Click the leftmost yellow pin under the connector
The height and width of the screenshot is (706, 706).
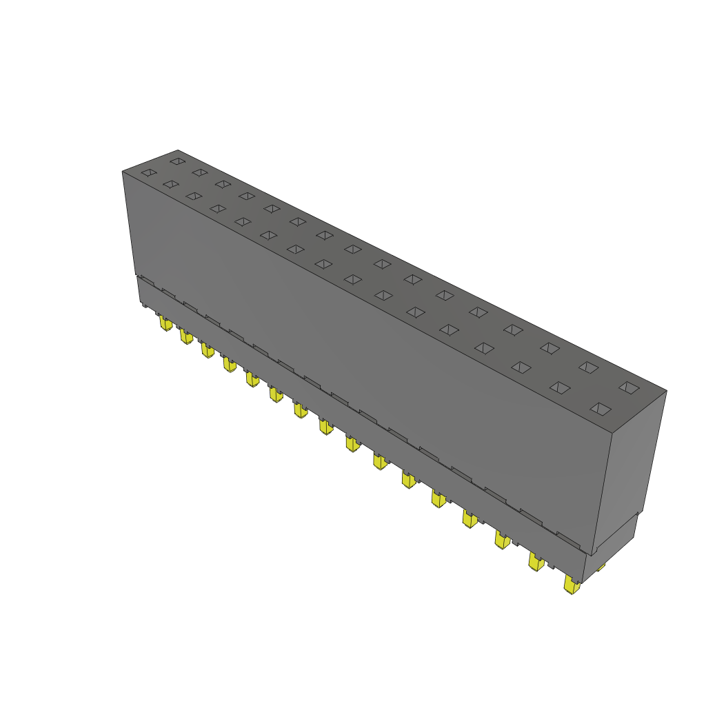click(165, 323)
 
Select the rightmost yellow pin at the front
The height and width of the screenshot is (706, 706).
click(571, 585)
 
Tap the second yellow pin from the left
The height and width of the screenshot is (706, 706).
click(185, 336)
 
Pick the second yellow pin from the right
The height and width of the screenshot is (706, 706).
click(536, 561)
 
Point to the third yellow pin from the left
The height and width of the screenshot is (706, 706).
click(207, 350)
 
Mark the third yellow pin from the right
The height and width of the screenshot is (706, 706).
click(501, 539)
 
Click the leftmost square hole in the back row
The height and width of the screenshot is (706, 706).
click(177, 161)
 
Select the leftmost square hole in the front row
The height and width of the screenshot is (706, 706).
click(148, 172)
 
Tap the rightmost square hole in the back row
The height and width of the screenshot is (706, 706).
click(629, 387)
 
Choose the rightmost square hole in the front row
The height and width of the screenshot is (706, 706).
click(601, 410)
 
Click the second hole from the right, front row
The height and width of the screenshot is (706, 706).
click(561, 387)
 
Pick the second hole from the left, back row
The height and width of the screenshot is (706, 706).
click(199, 172)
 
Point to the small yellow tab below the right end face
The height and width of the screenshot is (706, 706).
click(601, 567)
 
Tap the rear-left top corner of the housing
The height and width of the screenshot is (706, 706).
click(178, 150)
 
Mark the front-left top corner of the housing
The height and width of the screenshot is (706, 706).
click(123, 172)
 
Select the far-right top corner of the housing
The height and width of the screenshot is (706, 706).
click(666, 390)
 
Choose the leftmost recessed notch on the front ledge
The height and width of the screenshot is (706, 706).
click(146, 281)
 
